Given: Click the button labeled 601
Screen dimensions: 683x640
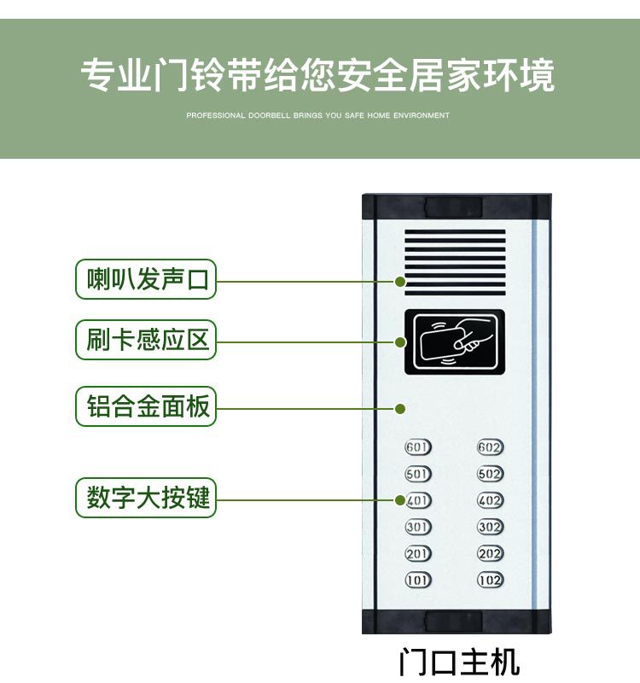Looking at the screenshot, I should point(417,447).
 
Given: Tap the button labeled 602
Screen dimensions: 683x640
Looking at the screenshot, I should point(490,447).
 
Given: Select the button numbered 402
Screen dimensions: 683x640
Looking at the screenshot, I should point(490,500).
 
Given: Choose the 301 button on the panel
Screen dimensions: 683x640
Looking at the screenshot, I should point(417,527).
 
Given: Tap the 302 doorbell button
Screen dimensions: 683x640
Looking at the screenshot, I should point(490,527).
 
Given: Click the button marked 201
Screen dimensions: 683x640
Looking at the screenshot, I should point(417,554).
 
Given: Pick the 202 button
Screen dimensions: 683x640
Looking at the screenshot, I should point(490,554).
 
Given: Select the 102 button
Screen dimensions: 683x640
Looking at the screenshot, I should point(490,581).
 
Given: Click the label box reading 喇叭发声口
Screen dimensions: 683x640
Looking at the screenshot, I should point(146,279).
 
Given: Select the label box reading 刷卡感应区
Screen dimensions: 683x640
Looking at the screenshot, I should point(146,341).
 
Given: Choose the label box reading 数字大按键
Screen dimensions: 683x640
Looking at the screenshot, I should point(146,497).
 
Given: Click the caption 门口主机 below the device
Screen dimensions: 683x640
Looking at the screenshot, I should point(458,663).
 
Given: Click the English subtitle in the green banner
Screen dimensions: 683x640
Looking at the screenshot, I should point(317,114).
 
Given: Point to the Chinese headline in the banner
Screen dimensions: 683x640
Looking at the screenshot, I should point(317,75).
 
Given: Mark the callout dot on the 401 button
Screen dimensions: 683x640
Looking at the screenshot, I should point(399,499).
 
